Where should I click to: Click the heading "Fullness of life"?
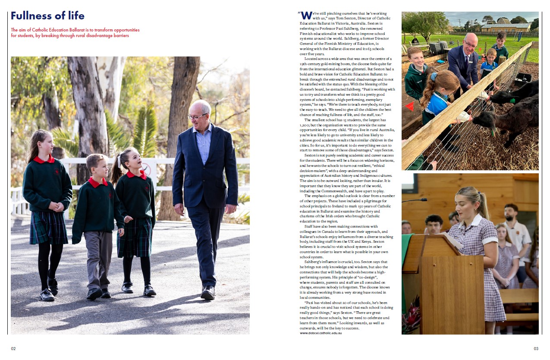(x=47, y=16)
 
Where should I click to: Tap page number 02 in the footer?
(x=13, y=348)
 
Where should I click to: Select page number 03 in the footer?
(x=536, y=348)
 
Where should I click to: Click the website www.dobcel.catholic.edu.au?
(x=321, y=333)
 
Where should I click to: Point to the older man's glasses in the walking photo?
(x=197, y=116)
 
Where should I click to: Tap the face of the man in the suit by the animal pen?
(x=471, y=43)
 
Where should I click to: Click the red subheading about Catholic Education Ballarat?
(x=75, y=33)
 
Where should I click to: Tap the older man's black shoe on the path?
(x=208, y=293)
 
